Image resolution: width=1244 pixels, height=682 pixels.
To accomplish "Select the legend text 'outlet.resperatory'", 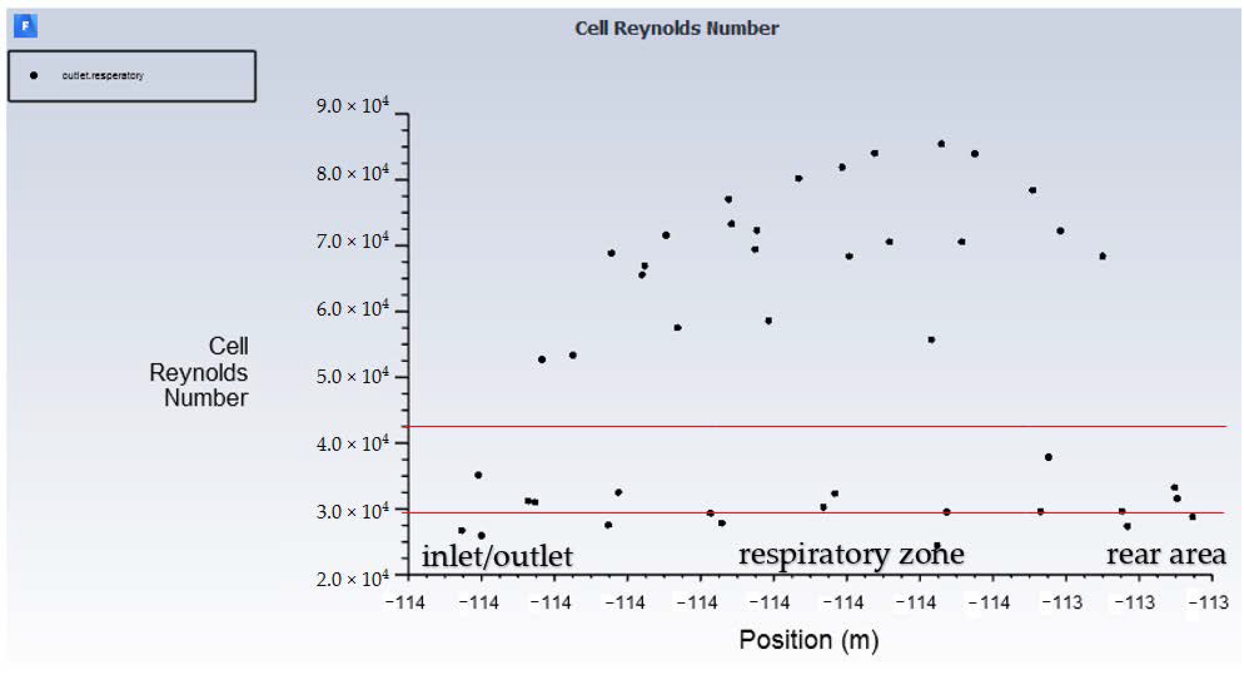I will point(102,75).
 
